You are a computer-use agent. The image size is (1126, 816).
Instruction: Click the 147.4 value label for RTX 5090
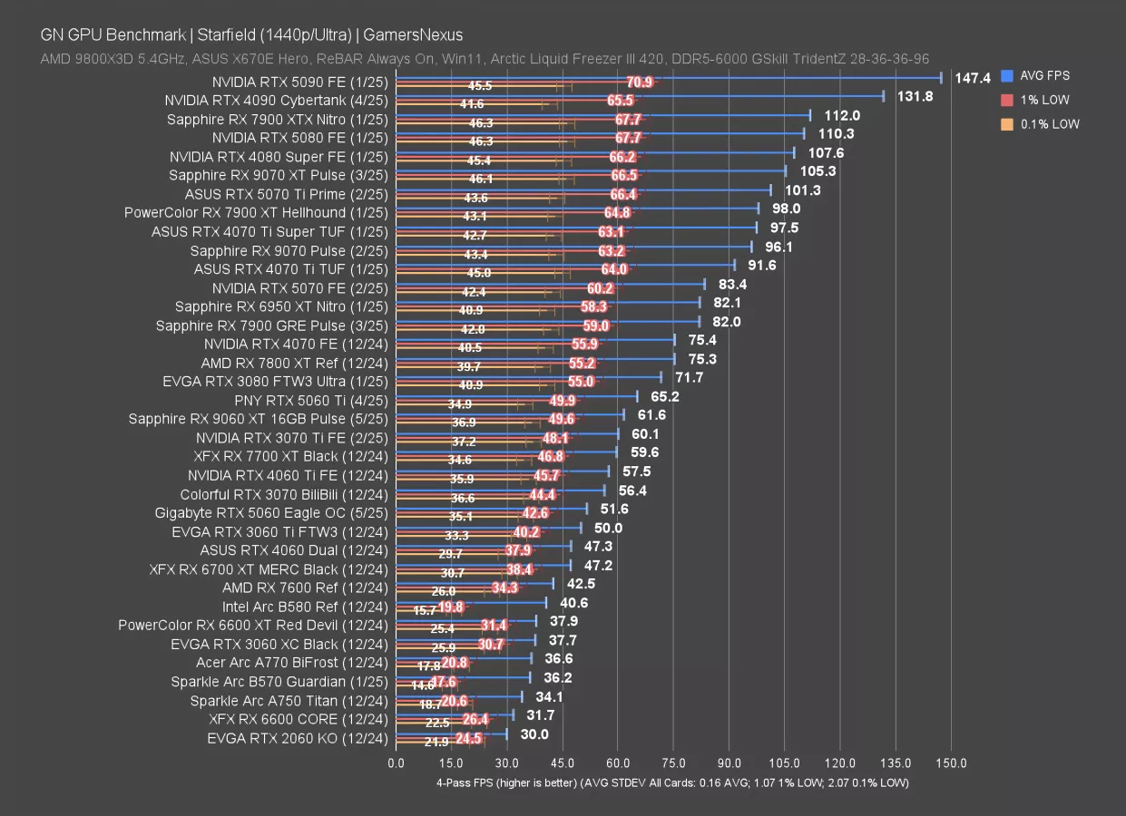coord(972,79)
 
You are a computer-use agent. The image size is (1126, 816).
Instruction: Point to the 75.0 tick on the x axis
coord(674,763)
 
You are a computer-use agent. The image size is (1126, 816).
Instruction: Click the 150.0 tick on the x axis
coord(952,763)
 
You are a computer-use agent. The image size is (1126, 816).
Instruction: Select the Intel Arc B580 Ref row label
coord(305,607)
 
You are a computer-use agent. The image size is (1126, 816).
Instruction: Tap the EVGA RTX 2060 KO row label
coord(297,738)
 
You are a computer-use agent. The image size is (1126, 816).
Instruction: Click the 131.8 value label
coord(915,96)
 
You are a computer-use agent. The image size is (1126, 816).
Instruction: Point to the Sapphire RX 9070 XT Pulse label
coord(278,175)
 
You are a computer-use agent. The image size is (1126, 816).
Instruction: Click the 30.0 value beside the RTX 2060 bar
coord(534,734)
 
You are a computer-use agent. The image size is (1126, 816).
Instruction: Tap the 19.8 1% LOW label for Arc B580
coord(451,607)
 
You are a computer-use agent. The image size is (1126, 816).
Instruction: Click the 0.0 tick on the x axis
coord(397,763)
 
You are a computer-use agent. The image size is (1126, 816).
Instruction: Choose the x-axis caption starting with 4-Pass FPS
coord(672,782)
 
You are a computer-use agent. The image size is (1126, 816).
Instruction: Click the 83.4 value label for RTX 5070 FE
coord(732,284)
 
